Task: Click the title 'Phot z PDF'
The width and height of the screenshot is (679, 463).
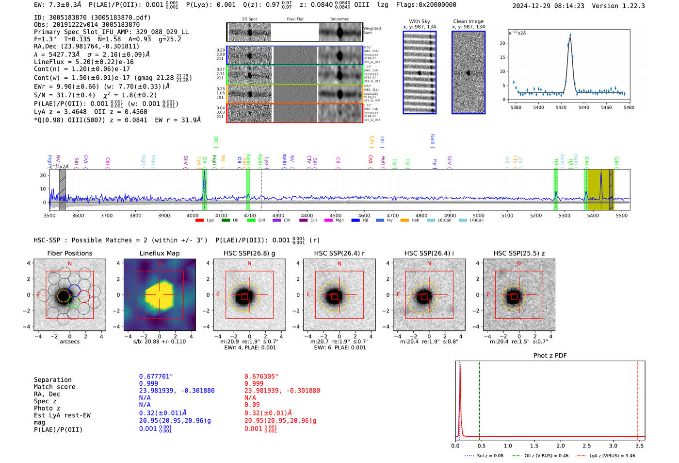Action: click(x=550, y=356)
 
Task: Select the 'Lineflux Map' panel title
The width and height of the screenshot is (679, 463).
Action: click(x=159, y=253)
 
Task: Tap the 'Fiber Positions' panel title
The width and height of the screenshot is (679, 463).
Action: click(x=69, y=253)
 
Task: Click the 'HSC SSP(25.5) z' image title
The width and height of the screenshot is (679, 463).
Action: click(x=519, y=253)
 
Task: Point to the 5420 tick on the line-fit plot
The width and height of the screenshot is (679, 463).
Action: click(x=561, y=107)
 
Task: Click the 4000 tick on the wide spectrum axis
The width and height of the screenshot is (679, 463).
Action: click(x=193, y=215)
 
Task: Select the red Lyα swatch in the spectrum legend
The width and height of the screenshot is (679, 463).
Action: click(x=199, y=221)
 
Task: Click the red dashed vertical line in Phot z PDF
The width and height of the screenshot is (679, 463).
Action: click(x=638, y=398)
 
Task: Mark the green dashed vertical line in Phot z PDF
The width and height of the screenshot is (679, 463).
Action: click(x=479, y=398)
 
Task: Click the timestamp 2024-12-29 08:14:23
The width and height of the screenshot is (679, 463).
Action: click(x=548, y=6)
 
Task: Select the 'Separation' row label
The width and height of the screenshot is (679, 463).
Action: click(x=52, y=380)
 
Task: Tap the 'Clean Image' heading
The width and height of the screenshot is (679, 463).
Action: click(x=468, y=21)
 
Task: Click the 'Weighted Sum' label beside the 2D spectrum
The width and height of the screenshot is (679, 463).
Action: click(x=372, y=31)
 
